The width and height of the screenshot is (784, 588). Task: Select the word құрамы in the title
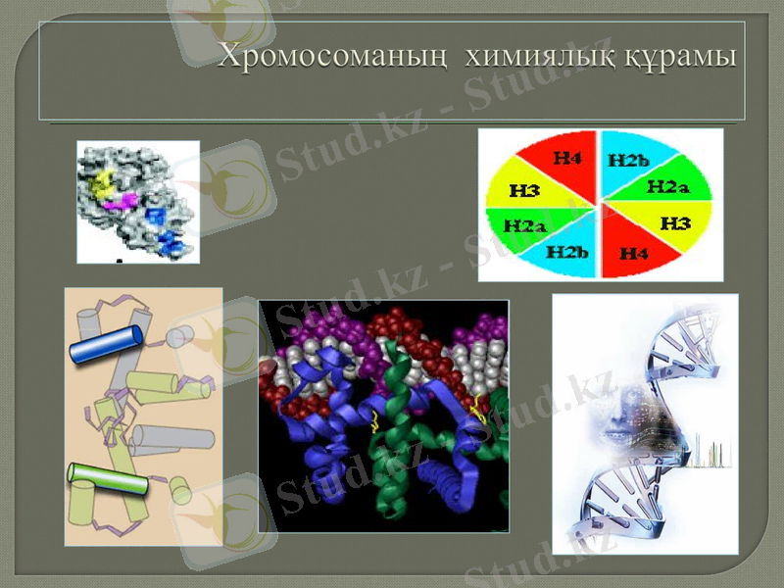coord(682,56)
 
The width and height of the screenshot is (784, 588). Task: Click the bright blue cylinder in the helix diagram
coord(105,342)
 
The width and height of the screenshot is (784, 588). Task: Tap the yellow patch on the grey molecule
coord(100,182)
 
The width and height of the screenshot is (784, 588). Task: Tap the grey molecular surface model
coord(137,201)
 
